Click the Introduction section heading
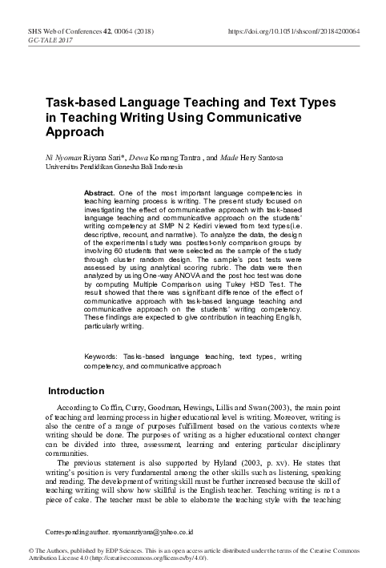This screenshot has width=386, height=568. click(x=76, y=391)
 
